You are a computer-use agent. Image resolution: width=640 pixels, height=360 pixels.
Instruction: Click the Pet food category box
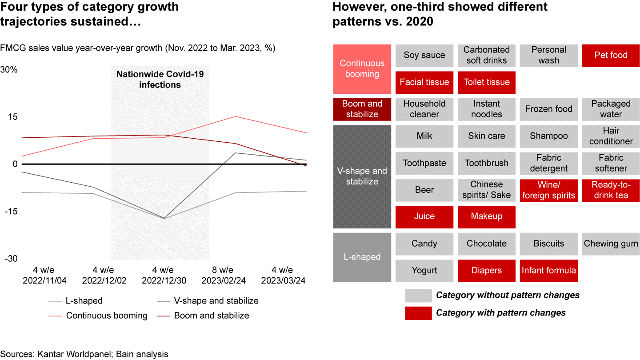(x=611, y=56)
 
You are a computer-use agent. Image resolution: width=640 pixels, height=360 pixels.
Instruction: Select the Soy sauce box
(x=424, y=56)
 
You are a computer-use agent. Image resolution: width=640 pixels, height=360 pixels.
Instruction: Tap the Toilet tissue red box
(x=486, y=82)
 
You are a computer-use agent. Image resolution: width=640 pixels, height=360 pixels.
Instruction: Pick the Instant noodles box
(x=486, y=109)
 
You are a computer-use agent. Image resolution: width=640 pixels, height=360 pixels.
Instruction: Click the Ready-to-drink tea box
(x=611, y=190)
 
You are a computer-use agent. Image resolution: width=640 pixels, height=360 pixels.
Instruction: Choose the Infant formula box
(x=548, y=271)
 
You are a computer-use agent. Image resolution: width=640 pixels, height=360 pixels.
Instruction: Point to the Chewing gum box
(x=611, y=244)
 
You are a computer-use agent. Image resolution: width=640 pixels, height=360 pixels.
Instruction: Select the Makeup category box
(x=486, y=217)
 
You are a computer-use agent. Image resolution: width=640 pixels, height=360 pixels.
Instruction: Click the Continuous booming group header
(x=362, y=69)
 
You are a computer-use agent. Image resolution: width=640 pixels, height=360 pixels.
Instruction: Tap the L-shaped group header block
(x=362, y=257)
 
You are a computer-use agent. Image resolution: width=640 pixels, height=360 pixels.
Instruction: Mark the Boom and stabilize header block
(x=362, y=109)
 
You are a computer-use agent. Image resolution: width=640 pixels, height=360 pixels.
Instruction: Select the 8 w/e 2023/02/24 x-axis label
(x=224, y=276)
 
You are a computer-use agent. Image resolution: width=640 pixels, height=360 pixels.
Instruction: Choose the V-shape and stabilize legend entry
(x=207, y=301)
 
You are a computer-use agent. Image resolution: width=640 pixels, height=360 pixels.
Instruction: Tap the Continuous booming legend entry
(x=107, y=316)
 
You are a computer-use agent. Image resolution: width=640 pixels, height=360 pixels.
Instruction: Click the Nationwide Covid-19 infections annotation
(x=160, y=79)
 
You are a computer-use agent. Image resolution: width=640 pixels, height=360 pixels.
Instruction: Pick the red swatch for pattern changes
(x=418, y=313)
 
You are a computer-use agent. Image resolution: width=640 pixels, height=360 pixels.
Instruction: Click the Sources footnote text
(x=84, y=354)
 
